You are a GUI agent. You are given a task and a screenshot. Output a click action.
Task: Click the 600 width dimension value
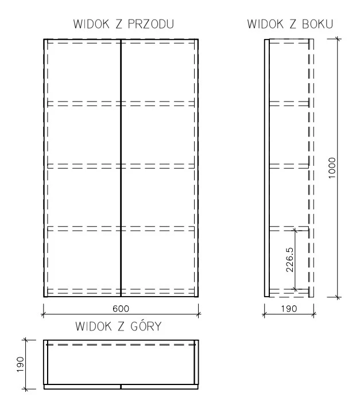[x=121, y=309]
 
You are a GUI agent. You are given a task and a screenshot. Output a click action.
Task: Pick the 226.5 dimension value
[x=289, y=259]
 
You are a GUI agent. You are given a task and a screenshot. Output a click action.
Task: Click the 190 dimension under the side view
[x=289, y=309]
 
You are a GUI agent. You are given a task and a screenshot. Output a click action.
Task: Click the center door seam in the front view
[x=121, y=166]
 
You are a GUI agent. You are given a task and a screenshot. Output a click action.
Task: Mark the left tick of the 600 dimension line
[x=44, y=314]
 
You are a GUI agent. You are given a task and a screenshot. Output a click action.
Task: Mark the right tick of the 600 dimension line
[x=198, y=314]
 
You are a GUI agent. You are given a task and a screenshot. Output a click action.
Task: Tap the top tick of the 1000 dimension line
[x=338, y=39]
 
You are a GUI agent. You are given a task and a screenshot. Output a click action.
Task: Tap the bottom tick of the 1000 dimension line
[x=338, y=297]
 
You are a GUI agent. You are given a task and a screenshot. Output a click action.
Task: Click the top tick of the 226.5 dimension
[x=295, y=228]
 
